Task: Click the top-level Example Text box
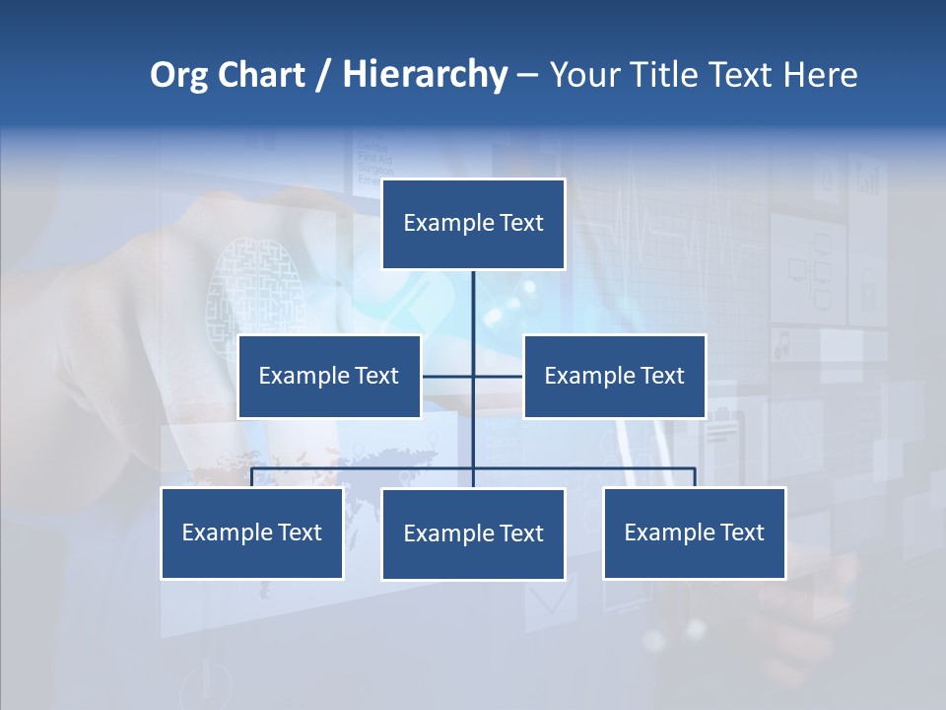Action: [x=473, y=224]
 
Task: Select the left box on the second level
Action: [x=329, y=377]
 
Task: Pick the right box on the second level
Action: [x=614, y=377]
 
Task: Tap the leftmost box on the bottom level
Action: [x=252, y=533]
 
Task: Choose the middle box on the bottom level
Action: [x=473, y=534]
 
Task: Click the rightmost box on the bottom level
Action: [x=694, y=533]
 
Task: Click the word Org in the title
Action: [x=178, y=76]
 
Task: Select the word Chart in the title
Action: [x=261, y=76]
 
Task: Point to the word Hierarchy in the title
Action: [x=425, y=76]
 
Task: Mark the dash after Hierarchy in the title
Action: [x=527, y=76]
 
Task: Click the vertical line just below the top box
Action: [x=473, y=296]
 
